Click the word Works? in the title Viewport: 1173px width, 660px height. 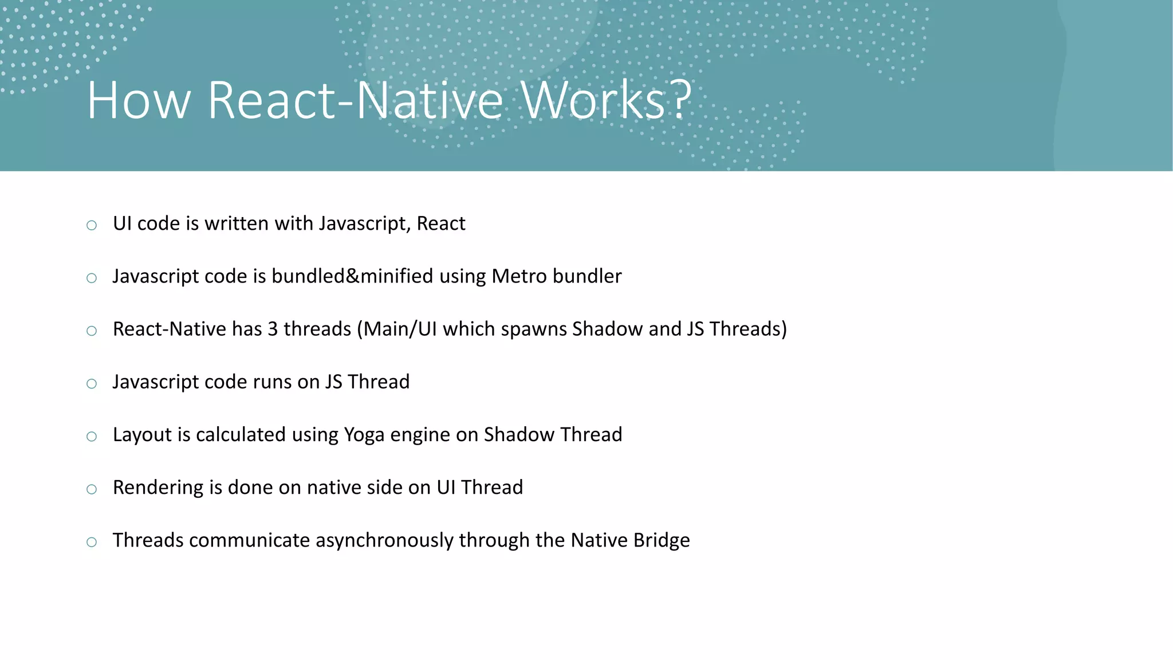click(606, 101)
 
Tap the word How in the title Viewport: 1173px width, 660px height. click(138, 101)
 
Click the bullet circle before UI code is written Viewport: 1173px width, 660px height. click(92, 225)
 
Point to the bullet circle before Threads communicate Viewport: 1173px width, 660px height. click(92, 542)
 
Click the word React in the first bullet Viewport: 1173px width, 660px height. click(440, 223)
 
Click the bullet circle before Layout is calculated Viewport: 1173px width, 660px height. click(92, 437)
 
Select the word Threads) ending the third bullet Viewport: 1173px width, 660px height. click(747, 329)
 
